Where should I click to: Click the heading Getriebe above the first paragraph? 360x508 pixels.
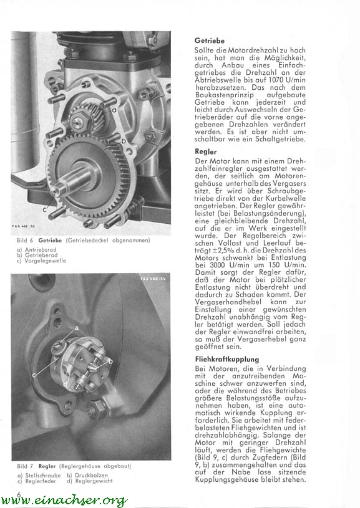click(x=210, y=41)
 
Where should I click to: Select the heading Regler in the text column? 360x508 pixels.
click(x=206, y=151)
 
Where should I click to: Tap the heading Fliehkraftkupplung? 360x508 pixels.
click(x=227, y=359)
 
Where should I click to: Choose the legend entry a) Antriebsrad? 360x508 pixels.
click(x=37, y=250)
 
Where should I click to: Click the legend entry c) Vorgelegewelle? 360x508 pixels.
click(x=41, y=261)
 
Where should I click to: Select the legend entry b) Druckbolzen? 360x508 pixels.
click(x=87, y=476)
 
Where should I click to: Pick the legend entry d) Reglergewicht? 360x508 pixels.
click(x=90, y=481)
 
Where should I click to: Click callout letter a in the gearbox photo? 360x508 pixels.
click(x=114, y=110)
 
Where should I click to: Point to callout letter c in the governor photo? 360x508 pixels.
click(x=34, y=375)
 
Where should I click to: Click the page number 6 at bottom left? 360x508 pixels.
click(x=19, y=494)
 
